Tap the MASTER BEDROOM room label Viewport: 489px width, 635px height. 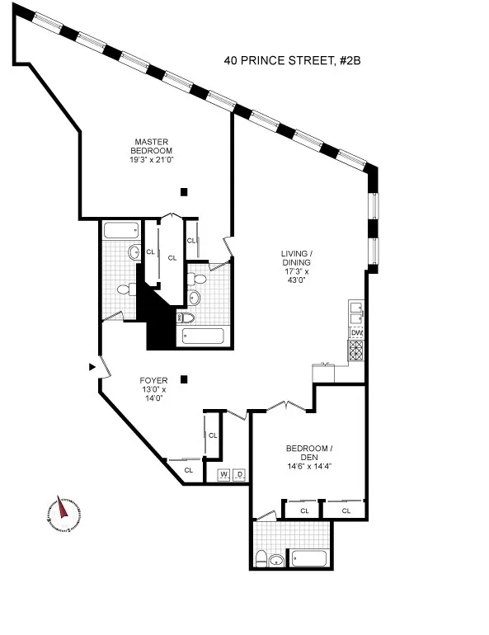pyautogui.click(x=151, y=145)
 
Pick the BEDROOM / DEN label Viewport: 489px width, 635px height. pyautogui.click(x=308, y=453)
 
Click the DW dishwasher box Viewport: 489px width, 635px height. pyautogui.click(x=356, y=333)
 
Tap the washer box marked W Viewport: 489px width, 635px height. pyautogui.click(x=223, y=475)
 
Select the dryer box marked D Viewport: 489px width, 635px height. pyautogui.click(x=239, y=475)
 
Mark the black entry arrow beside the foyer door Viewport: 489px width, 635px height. pyautogui.click(x=92, y=366)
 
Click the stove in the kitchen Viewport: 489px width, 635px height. pyautogui.click(x=356, y=350)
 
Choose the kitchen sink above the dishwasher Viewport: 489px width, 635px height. pyautogui.click(x=356, y=313)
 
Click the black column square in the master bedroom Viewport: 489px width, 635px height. pyautogui.click(x=184, y=191)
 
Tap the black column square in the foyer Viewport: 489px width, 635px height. pyautogui.click(x=184, y=379)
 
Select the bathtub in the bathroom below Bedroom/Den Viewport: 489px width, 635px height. pyautogui.click(x=310, y=558)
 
